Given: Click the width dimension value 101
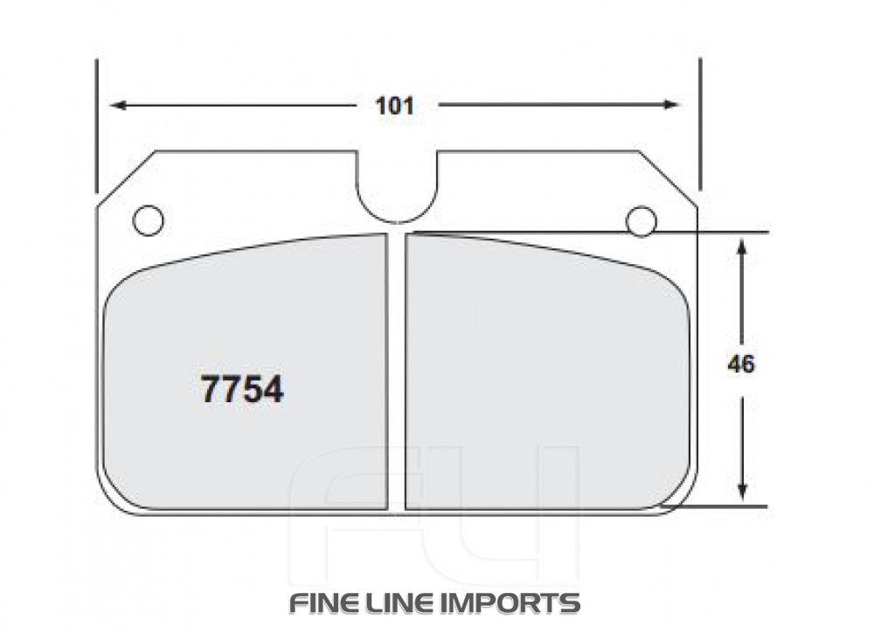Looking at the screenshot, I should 394,106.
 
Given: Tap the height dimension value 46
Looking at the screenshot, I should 741,365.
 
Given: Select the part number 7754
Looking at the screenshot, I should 242,389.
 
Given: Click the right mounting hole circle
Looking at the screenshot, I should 642,220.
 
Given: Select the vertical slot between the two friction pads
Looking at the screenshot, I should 397,372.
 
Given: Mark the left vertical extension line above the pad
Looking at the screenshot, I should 96,122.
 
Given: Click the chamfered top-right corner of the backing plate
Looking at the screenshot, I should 669,179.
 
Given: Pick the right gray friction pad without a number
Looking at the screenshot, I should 542,376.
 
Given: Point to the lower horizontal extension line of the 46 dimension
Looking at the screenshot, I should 725,506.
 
